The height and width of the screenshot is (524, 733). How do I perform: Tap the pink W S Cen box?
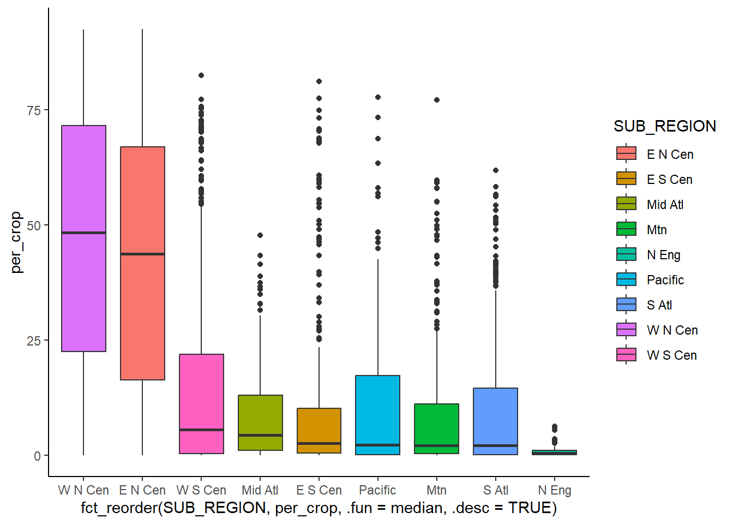(x=201, y=393)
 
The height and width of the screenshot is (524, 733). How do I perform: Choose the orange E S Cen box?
(x=319, y=426)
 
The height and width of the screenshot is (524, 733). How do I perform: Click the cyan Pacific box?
(x=377, y=409)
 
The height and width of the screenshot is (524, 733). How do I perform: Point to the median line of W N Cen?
(x=83, y=233)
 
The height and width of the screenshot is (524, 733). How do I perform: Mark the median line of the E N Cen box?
(x=142, y=254)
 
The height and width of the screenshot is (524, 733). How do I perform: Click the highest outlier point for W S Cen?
(x=201, y=75)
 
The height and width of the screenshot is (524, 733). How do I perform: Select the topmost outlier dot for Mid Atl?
(x=260, y=235)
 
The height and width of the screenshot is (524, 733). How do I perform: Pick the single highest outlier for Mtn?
(x=436, y=100)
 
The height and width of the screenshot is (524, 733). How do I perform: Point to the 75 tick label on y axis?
(x=34, y=110)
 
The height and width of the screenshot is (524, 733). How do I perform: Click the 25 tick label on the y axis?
(x=34, y=341)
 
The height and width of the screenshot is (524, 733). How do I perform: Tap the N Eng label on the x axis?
(x=554, y=490)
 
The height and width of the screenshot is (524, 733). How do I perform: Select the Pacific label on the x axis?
(x=377, y=490)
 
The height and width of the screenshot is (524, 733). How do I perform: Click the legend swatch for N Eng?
(x=626, y=254)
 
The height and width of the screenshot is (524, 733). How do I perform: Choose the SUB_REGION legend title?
(x=664, y=126)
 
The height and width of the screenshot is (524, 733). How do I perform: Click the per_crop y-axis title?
(x=16, y=242)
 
